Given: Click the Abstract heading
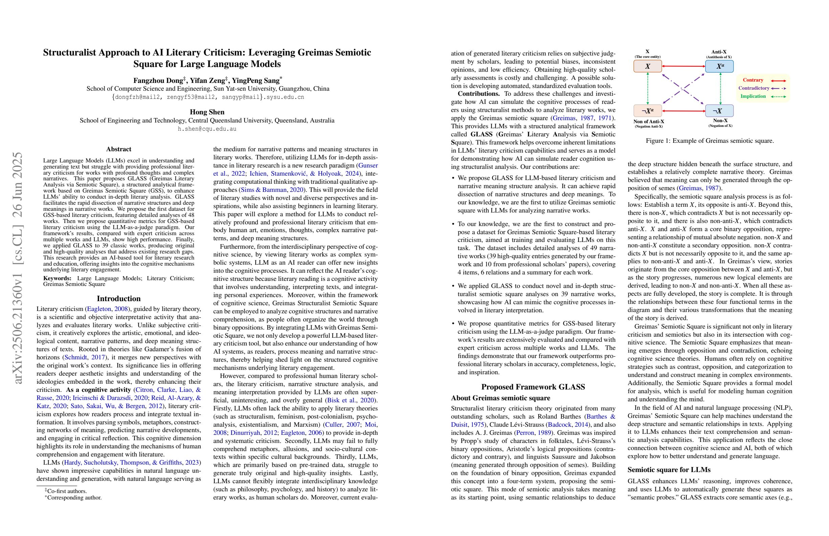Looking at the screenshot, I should tap(119, 149).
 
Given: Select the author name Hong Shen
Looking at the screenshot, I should tap(207, 112).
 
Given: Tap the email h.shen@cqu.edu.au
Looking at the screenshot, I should tap(207, 129).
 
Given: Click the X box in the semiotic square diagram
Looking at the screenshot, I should tap(647, 66).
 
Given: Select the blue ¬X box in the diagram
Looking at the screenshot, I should tap(719, 111).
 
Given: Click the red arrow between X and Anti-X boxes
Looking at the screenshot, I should tap(683, 66).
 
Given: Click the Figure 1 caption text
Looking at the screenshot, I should tap(709, 141).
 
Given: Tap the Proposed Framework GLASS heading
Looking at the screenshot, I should tap(533, 387).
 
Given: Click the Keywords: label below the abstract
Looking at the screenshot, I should tap(57, 278).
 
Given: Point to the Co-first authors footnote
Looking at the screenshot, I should tap(66, 491).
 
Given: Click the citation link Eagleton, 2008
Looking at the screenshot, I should tap(107, 309).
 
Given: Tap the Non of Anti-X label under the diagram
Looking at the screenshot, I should tap(649, 121).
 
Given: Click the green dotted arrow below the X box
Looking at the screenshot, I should tap(647, 88).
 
